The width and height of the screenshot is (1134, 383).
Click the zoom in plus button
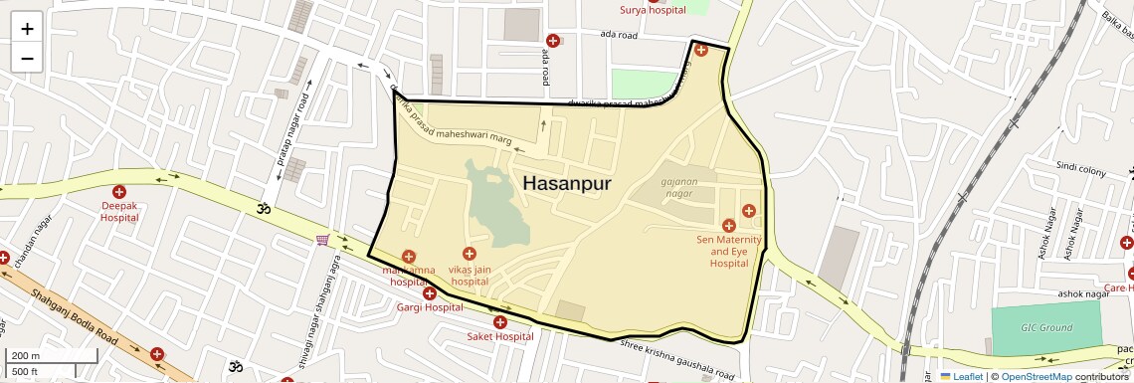click(x=27, y=29)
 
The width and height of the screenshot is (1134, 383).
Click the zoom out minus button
click(x=27, y=58)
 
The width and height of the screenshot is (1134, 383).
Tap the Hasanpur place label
click(x=566, y=184)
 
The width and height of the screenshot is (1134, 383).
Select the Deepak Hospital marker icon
click(x=119, y=191)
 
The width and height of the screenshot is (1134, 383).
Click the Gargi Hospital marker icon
click(x=430, y=292)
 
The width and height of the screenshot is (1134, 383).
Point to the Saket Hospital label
click(x=500, y=336)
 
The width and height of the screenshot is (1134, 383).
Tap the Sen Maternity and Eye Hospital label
click(x=729, y=252)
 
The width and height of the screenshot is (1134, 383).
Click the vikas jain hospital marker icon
click(x=470, y=255)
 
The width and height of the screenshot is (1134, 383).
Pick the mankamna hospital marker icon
click(x=409, y=258)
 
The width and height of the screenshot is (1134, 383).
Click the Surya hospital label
click(x=654, y=11)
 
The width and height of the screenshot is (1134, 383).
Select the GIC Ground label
click(x=1046, y=328)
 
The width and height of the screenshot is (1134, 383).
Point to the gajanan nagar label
click(x=689, y=186)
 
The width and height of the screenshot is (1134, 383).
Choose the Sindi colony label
click(x=1081, y=170)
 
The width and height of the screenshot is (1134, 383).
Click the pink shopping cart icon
click(x=322, y=240)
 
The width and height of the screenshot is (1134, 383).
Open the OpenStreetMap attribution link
click(x=1036, y=376)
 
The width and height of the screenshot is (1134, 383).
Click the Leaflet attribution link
click(x=961, y=376)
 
